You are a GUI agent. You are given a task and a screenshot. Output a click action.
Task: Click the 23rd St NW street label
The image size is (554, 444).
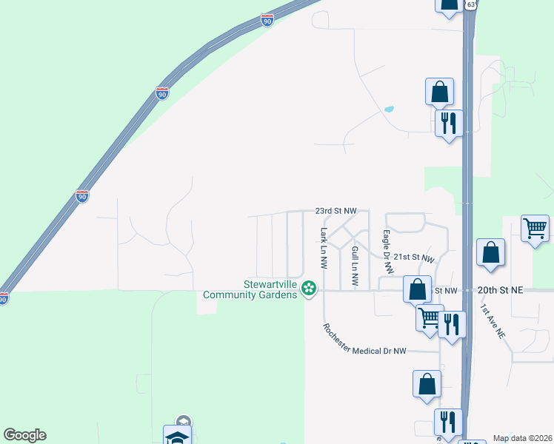(x=336, y=211)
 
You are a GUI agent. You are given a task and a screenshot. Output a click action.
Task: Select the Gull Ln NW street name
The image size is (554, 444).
(x=355, y=267)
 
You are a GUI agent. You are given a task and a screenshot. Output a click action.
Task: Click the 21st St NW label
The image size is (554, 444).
(x=413, y=257)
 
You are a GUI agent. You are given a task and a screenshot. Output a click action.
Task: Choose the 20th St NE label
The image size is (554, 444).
(x=500, y=291)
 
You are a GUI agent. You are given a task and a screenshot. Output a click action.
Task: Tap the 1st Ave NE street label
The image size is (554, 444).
(x=493, y=321)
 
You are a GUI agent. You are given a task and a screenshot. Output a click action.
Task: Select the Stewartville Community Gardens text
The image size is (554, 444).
(x=250, y=289)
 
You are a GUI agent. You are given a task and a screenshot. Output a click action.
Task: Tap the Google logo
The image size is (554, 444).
(x=24, y=435)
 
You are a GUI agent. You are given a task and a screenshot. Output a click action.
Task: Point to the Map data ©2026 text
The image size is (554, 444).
(x=522, y=438)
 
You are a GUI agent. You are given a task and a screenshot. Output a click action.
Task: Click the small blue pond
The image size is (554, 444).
(x=389, y=110)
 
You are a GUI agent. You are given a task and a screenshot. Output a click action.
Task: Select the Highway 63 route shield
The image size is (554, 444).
(x=472, y=4)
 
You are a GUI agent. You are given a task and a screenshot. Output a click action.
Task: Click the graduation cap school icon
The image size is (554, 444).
(x=178, y=437)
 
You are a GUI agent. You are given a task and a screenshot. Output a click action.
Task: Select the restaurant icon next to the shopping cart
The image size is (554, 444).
(x=452, y=323)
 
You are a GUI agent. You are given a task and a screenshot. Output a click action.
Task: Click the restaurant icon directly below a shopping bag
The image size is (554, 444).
(x=447, y=123)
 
